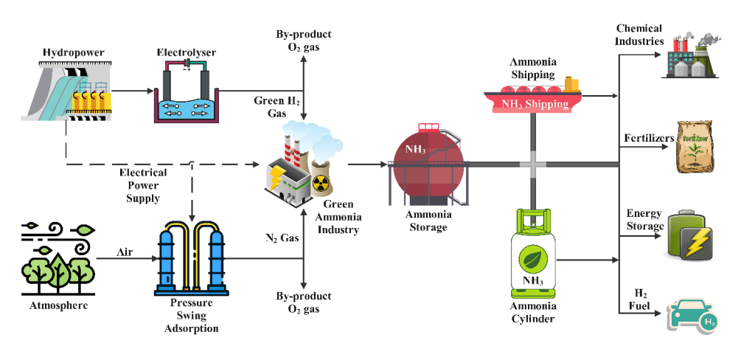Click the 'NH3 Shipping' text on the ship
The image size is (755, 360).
[x=535, y=104]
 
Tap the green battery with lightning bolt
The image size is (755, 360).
[x=691, y=233]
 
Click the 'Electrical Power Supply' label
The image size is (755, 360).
[x=143, y=184]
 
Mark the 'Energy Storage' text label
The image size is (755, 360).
[x=645, y=220]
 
